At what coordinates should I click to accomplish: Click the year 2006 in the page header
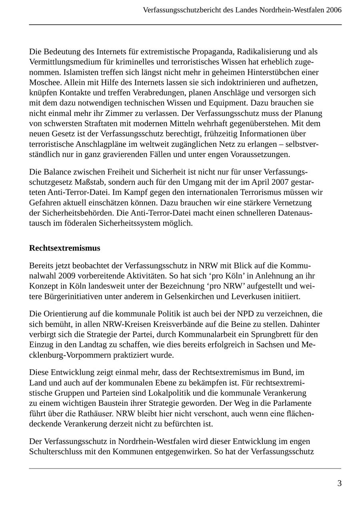point(334,10)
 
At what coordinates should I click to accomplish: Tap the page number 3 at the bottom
point(340,483)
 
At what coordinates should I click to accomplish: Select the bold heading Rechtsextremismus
point(65,248)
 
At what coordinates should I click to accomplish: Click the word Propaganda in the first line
point(214,52)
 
